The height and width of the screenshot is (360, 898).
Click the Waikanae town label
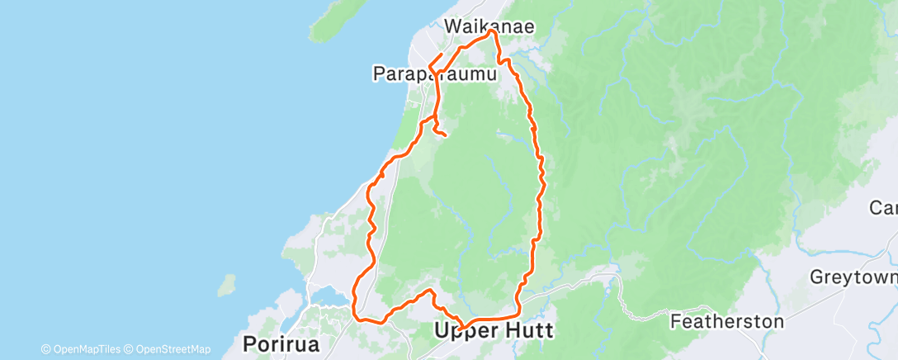tap(489, 26)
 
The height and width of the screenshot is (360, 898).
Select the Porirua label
tap(281, 343)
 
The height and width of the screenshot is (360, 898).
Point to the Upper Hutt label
tap(493, 330)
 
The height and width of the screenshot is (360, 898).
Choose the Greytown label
tap(854, 277)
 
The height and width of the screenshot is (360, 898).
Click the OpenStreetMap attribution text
tap(173, 349)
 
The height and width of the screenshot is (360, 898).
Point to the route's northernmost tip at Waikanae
tap(493, 31)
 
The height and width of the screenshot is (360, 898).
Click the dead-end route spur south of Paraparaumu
tap(445, 134)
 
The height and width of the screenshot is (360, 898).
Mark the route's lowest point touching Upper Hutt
tap(462, 329)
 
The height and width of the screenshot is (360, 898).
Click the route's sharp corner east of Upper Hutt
tap(518, 313)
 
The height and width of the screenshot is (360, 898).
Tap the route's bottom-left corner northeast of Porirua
tap(357, 316)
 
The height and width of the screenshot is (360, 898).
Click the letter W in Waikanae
tap(453, 26)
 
